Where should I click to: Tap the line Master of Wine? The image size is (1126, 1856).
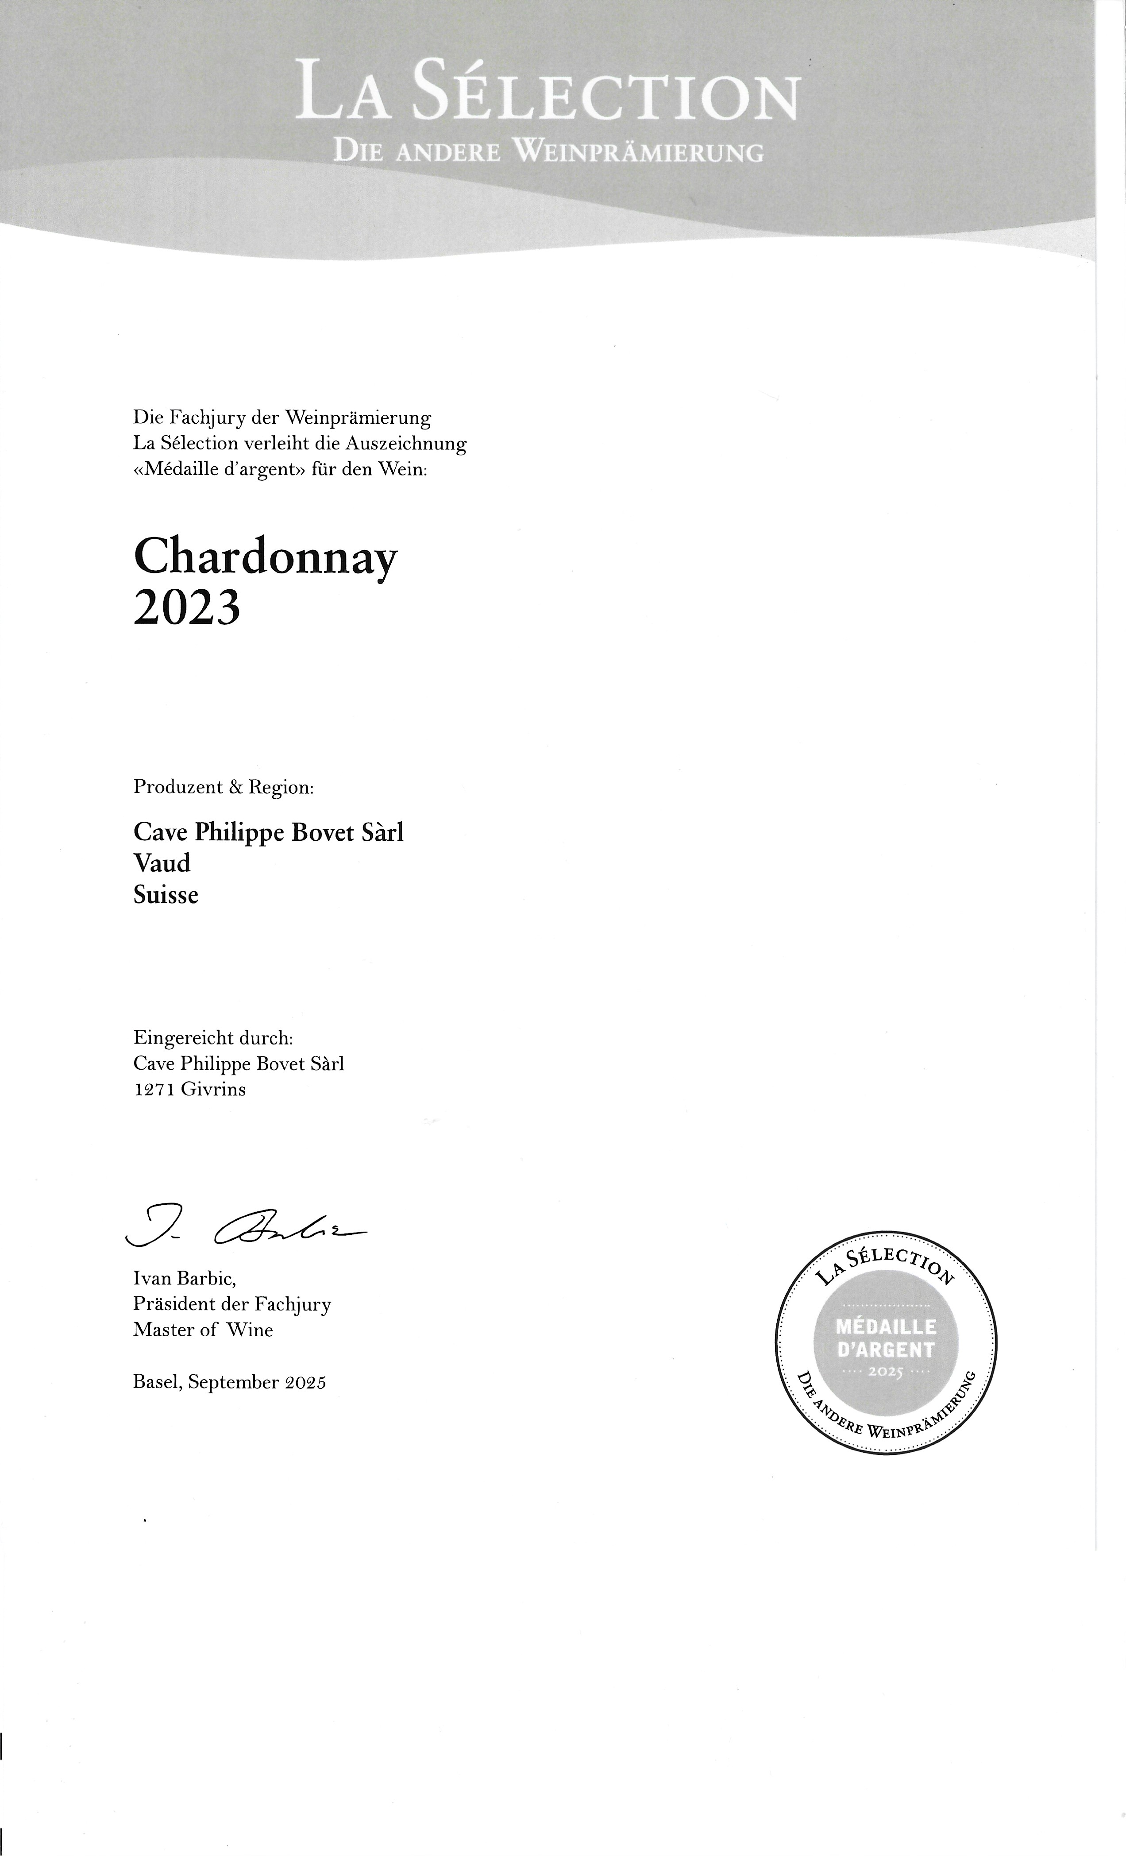click(x=203, y=1330)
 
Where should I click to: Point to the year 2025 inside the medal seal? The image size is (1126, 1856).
click(x=886, y=1372)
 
